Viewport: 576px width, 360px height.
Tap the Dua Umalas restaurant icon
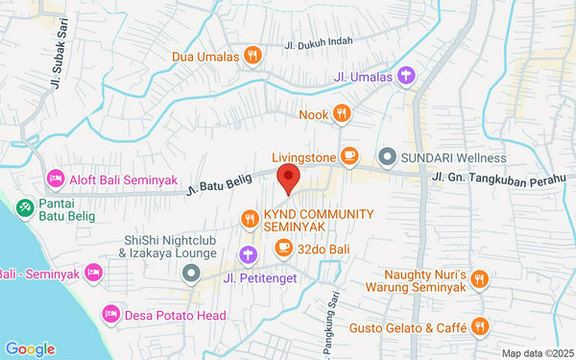252,55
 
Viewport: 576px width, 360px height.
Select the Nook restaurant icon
342,115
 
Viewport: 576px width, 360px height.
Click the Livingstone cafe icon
349,156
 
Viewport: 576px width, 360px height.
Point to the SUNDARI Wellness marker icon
388,156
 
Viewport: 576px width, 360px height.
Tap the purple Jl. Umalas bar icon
406,75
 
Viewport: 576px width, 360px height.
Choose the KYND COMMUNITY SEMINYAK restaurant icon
250,219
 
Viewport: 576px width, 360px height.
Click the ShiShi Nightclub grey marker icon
191,275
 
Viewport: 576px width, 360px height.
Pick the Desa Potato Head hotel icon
111,314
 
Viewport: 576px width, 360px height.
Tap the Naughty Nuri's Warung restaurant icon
480,279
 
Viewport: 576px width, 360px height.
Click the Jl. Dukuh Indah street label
318,42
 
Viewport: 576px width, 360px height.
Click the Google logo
30,348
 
